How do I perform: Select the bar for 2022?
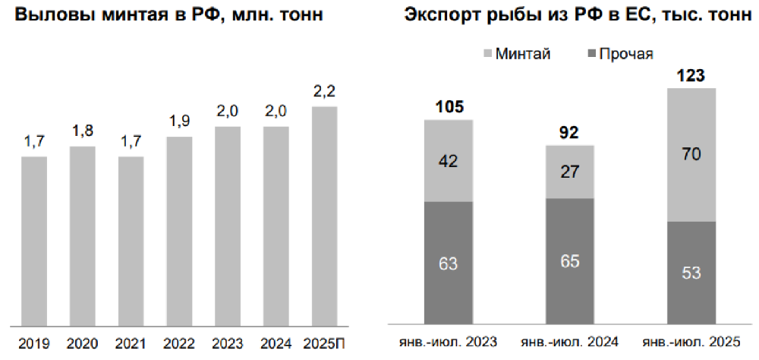(x=179, y=232)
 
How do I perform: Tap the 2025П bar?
(x=325, y=216)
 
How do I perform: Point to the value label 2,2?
(x=325, y=93)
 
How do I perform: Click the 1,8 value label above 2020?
(x=82, y=131)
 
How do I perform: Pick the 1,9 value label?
(x=179, y=122)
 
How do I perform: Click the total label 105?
(x=449, y=106)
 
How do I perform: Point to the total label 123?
(x=691, y=75)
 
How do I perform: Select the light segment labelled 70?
(x=691, y=155)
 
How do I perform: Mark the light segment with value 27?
(x=570, y=172)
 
